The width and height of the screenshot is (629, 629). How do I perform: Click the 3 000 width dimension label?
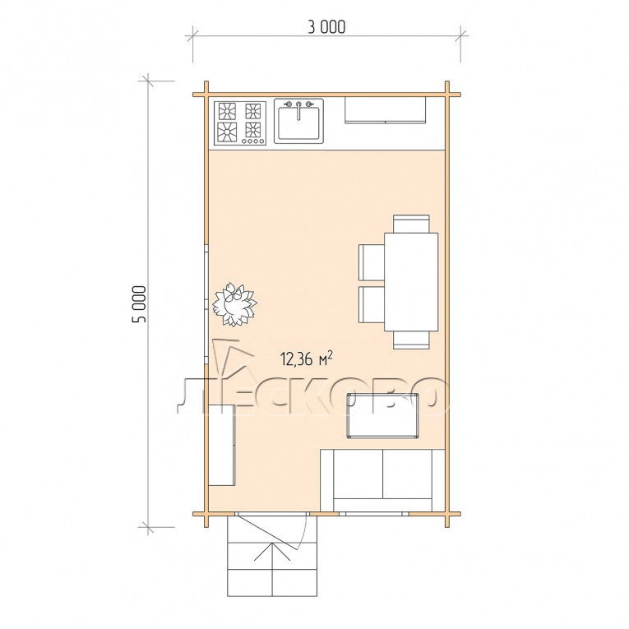(326, 27)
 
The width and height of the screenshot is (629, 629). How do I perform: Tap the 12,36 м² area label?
(308, 358)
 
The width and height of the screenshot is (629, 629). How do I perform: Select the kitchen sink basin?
(298, 123)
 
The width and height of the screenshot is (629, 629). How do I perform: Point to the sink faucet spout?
(298, 111)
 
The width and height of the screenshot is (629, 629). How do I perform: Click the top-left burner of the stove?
(227, 111)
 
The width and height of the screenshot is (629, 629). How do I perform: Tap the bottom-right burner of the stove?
(253, 130)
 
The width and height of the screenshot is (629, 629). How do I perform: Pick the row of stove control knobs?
(253, 141)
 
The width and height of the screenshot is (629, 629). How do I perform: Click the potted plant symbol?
(234, 304)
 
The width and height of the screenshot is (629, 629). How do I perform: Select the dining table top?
(411, 282)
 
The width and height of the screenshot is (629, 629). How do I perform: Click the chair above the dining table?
(411, 224)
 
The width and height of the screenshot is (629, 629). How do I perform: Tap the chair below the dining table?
(411, 340)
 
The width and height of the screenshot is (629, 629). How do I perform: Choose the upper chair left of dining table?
(372, 262)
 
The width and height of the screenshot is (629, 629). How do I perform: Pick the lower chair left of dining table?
(372, 304)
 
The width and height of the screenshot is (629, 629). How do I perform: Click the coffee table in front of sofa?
(382, 415)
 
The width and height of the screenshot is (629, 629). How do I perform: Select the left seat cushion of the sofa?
(358, 474)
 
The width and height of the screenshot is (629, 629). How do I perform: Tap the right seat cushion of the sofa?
(408, 474)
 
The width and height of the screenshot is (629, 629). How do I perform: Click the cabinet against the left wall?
(222, 445)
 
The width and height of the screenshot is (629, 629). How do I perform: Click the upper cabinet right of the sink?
(385, 109)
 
